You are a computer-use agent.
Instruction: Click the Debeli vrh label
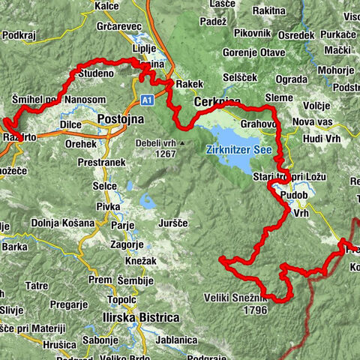(x=155, y=142)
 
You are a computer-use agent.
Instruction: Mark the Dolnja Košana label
(x=63, y=223)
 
